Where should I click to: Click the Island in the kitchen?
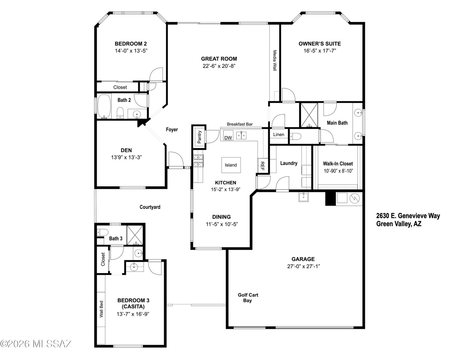click(x=231, y=165)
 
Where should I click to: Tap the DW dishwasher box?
click(x=228, y=135)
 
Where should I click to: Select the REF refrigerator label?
click(x=262, y=166)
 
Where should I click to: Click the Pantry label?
click(x=200, y=137)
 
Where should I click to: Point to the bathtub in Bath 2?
click(x=104, y=106)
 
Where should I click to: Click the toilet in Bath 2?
click(x=120, y=113)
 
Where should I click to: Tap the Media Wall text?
click(x=275, y=61)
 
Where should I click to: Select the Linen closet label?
click(x=278, y=135)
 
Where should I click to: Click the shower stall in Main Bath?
click(x=309, y=115)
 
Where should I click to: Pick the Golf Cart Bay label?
click(x=248, y=298)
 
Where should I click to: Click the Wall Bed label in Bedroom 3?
click(x=101, y=309)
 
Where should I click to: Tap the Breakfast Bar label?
click(x=240, y=124)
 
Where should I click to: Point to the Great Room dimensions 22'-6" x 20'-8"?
click(x=219, y=66)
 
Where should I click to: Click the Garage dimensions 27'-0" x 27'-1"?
click(x=303, y=266)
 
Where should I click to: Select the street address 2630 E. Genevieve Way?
click(x=408, y=216)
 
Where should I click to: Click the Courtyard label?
click(x=150, y=207)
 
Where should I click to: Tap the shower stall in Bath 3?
click(x=135, y=235)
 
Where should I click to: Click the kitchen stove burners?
click(x=198, y=161)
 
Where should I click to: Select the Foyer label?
click(x=172, y=130)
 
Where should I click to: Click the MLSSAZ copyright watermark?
click(x=36, y=344)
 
